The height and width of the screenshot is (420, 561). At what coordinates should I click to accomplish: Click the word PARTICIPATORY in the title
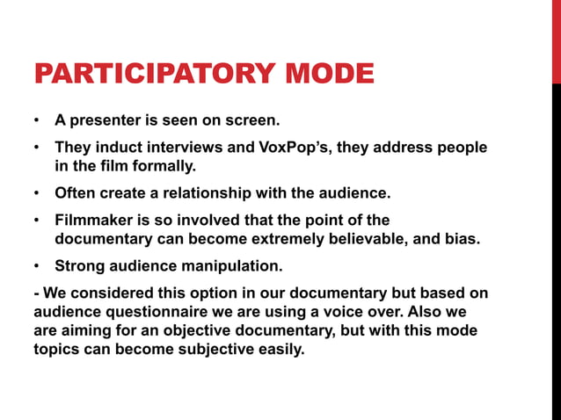click(150, 73)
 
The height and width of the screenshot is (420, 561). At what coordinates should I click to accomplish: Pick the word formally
click(157, 164)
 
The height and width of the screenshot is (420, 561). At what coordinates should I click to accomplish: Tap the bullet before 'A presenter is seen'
click(37, 119)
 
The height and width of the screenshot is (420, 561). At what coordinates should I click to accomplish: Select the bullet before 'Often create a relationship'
click(37, 192)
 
